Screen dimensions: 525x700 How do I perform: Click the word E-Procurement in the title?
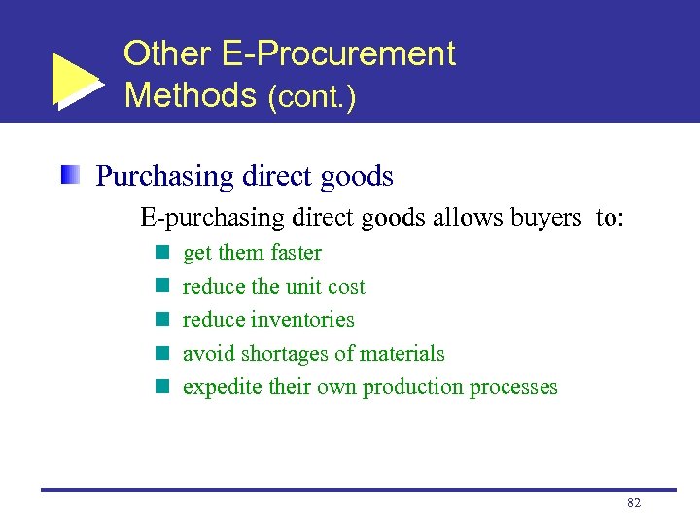[339, 53]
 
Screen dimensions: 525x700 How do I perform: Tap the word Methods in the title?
[190, 95]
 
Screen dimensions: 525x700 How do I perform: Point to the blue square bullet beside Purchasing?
[69, 176]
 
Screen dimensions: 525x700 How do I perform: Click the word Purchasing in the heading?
[165, 177]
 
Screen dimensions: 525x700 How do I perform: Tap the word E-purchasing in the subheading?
[199, 218]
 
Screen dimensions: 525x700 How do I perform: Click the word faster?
[296, 253]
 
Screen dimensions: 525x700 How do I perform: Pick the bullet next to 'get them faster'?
[162, 253]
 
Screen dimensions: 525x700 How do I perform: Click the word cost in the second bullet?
[346, 287]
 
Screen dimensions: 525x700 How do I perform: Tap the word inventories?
[303, 320]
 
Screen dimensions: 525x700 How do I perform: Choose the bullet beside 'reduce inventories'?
[162, 320]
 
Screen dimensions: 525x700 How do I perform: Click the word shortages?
[281, 354]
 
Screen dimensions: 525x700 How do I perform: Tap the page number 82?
[634, 503]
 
